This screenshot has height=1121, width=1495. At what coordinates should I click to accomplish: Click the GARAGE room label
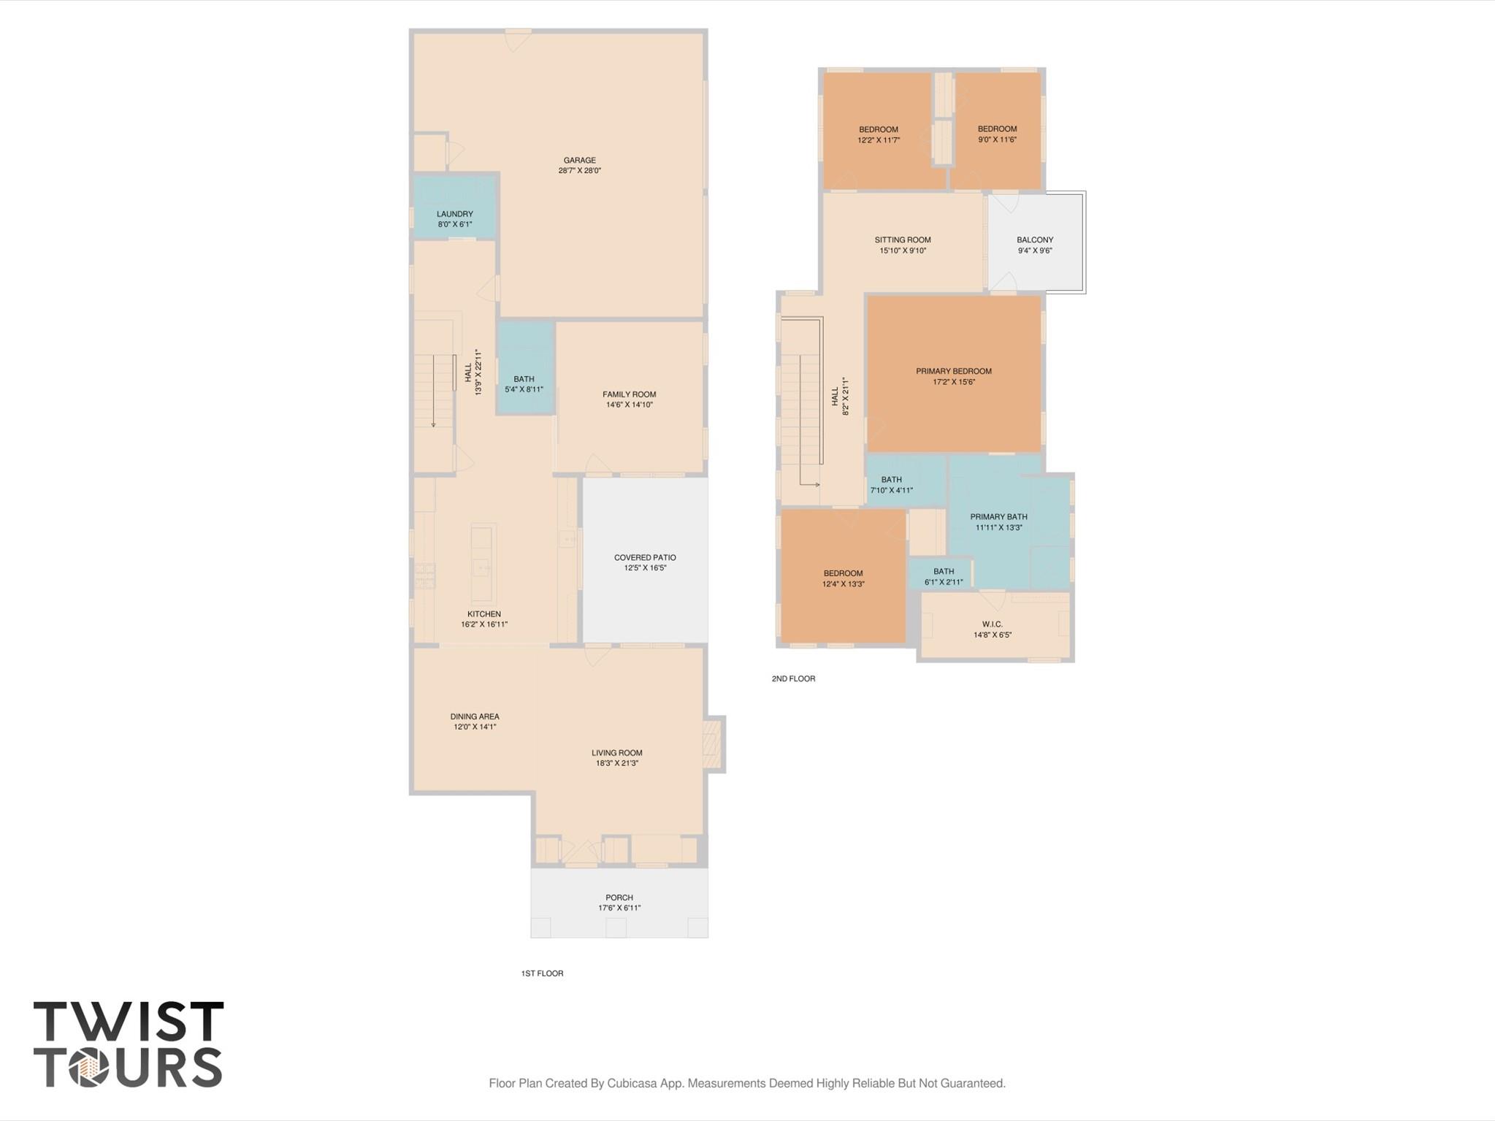click(579, 161)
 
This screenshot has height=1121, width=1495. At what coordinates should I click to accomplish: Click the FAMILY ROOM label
click(629, 395)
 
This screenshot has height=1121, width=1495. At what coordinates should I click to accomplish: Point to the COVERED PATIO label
click(644, 558)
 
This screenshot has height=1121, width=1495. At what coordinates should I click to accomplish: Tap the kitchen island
click(481, 561)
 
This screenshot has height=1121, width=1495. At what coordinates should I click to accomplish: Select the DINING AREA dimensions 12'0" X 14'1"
click(475, 727)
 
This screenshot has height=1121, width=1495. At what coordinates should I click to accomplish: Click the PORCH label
click(619, 898)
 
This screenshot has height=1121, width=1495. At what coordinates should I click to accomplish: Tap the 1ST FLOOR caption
click(542, 973)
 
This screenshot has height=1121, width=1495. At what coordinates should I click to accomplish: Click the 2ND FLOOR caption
click(793, 678)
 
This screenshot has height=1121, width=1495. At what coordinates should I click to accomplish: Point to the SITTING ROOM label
click(902, 240)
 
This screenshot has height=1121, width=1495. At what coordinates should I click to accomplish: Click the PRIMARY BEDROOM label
click(953, 372)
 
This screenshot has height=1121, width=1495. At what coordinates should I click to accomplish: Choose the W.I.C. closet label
click(992, 624)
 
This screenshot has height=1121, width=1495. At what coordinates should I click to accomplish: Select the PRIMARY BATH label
click(998, 517)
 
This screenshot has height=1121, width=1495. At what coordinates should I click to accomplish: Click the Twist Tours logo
click(129, 1044)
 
